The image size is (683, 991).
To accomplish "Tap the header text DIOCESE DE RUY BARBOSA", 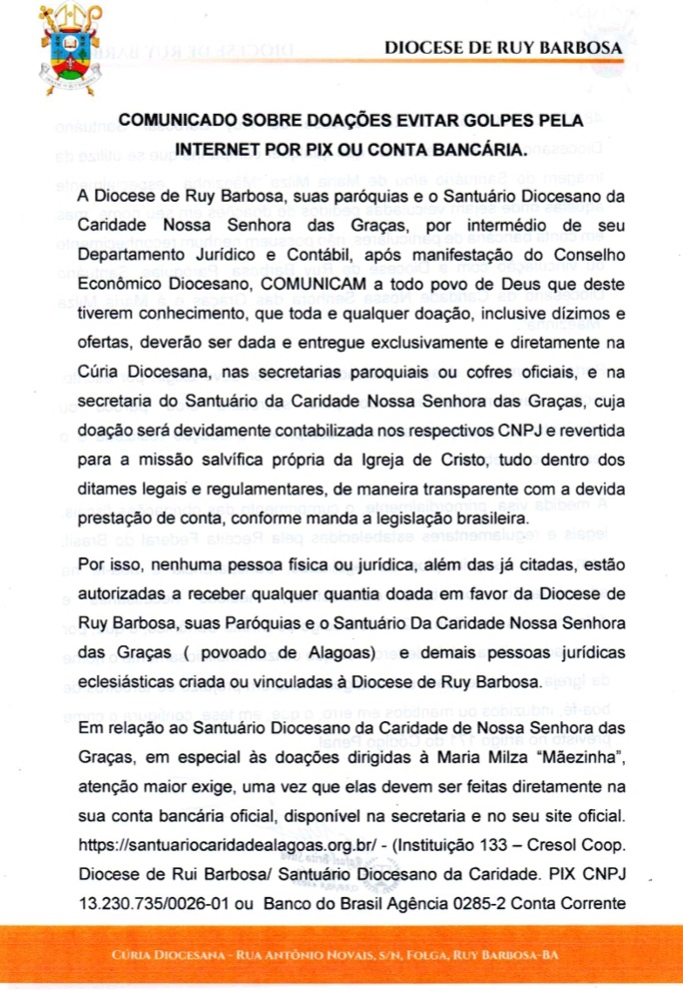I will tap(503, 47).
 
